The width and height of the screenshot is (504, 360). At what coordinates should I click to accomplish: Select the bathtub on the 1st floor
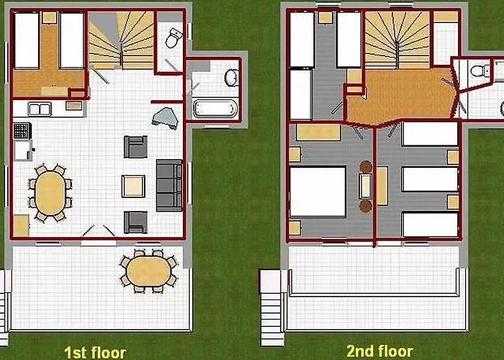(x=215, y=109)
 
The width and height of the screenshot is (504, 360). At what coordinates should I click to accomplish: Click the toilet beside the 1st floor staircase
(x=174, y=37)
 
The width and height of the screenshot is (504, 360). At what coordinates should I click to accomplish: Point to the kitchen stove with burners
(x=22, y=131)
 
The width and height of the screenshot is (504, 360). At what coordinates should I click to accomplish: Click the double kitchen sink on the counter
(x=39, y=109)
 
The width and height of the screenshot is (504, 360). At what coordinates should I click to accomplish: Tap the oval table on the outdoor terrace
(x=148, y=271)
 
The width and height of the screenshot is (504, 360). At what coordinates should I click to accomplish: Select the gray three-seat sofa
(x=169, y=185)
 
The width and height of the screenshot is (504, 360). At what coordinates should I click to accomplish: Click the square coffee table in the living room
(x=133, y=186)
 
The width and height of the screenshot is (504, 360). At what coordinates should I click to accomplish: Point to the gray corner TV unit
(x=166, y=117)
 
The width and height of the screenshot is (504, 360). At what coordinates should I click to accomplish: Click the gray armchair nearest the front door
(x=135, y=222)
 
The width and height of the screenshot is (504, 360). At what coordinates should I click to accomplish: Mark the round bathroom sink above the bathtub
(x=231, y=76)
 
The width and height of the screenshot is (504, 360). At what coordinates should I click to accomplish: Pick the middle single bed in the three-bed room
(x=429, y=179)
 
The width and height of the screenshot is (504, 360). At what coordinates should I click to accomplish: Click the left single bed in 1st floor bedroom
(x=27, y=40)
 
